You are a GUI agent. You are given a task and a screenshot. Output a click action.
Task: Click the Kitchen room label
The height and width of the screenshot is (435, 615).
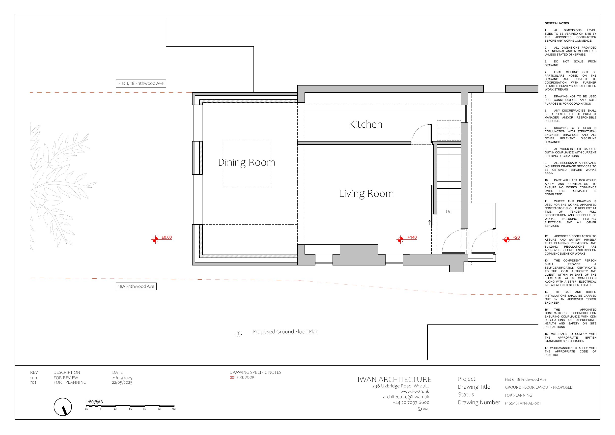pyautogui.click(x=366, y=124)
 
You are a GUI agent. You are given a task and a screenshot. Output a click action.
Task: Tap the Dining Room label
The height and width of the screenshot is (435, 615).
pyautogui.click(x=247, y=162)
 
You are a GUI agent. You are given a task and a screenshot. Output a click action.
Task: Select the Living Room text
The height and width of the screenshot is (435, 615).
pyautogui.click(x=366, y=194)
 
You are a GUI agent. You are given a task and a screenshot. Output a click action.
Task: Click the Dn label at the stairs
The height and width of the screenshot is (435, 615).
pyautogui.click(x=449, y=211)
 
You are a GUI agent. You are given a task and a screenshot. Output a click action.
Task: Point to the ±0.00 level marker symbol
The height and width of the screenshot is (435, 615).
pyautogui.click(x=155, y=239)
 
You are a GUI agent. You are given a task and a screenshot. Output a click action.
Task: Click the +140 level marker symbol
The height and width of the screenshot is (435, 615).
pyautogui.click(x=400, y=239)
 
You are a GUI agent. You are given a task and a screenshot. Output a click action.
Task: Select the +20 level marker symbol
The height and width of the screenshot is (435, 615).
pyautogui.click(x=506, y=239)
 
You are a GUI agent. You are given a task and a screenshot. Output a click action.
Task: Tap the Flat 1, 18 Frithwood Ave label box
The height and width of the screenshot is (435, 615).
pyautogui.click(x=141, y=83)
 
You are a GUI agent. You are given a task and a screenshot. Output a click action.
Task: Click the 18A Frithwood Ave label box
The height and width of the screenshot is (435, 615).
pyautogui.click(x=136, y=286)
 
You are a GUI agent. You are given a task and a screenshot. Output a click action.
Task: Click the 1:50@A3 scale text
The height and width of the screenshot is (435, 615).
pyautogui.click(x=94, y=402)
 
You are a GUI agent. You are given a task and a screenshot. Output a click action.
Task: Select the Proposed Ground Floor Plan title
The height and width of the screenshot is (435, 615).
pyautogui.click(x=285, y=332)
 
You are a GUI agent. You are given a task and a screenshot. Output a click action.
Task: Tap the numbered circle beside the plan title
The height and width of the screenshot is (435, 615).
pyautogui.click(x=238, y=334)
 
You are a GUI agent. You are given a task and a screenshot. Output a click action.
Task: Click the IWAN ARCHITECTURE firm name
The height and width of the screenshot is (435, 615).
pyautogui.click(x=394, y=379)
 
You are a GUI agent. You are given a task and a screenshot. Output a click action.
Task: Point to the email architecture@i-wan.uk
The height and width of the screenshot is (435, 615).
pyautogui.click(x=406, y=397)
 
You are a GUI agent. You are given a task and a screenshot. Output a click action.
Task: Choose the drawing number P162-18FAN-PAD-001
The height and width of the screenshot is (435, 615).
pyautogui.click(x=523, y=403)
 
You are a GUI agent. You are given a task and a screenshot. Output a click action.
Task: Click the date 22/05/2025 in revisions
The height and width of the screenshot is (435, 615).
pyautogui.click(x=122, y=382)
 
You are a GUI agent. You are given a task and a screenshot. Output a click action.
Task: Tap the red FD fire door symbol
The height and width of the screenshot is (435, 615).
pyautogui.click(x=232, y=377)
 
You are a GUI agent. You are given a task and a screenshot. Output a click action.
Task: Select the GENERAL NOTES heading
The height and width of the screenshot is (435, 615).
pyautogui.click(x=557, y=23)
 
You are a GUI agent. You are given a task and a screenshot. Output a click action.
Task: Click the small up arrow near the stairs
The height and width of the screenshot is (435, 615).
pyautogui.click(x=430, y=223)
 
